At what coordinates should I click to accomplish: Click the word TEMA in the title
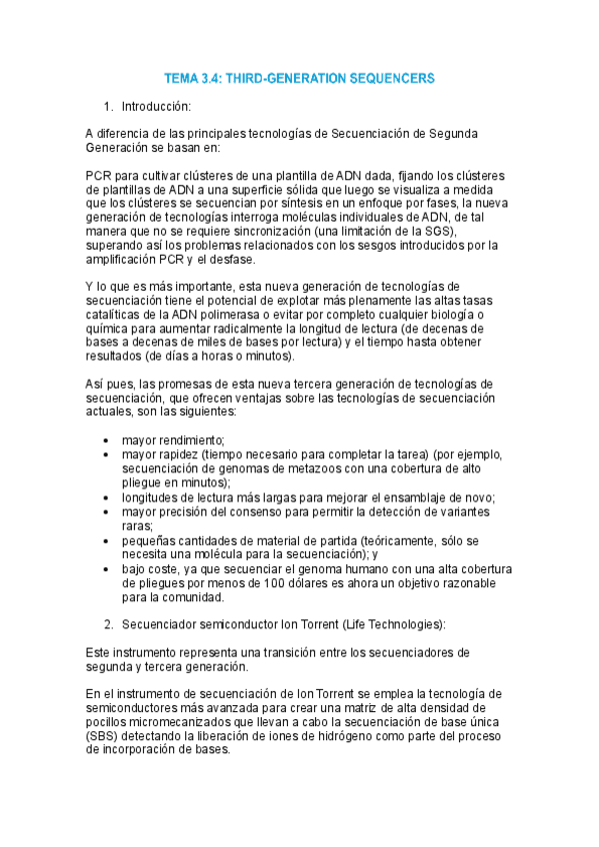[x=183, y=77]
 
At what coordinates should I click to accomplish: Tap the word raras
[x=138, y=525]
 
